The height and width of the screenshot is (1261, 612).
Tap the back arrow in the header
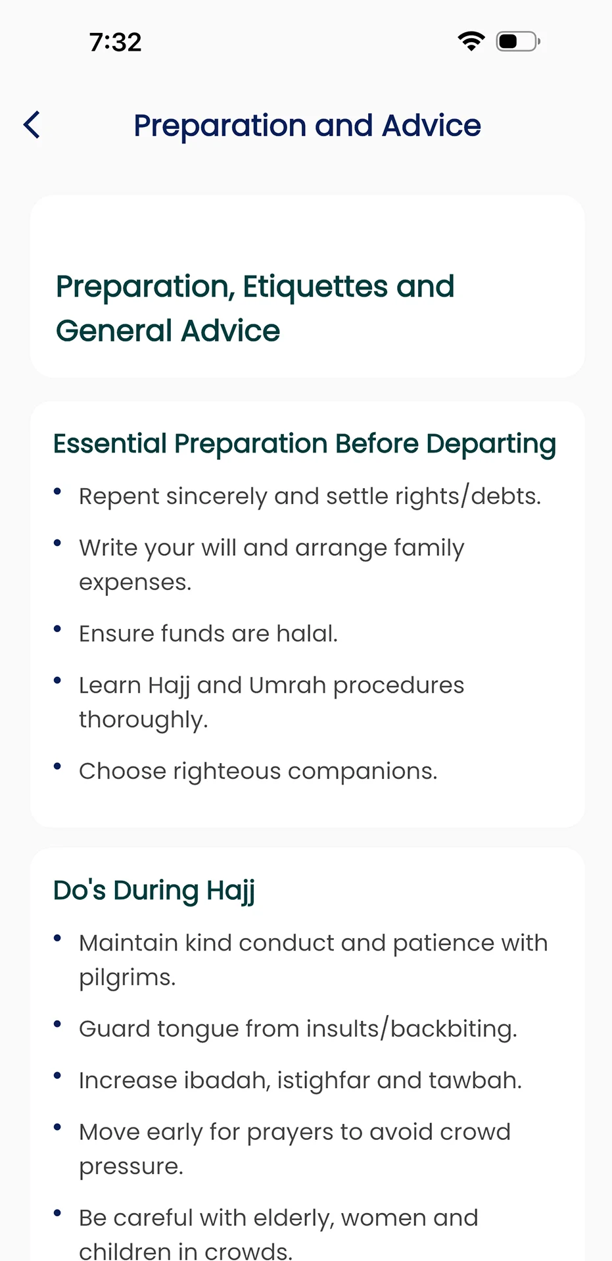coord(32,125)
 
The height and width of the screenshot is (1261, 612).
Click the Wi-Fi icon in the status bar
coord(471,41)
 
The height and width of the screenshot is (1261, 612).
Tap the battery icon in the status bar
coord(518,41)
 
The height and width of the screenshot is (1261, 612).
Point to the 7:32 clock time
coord(116,42)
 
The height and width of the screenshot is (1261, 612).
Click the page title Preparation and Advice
coord(307,126)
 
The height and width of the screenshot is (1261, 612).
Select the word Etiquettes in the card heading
coord(316,287)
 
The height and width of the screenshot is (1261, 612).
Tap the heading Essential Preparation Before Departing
coord(304,445)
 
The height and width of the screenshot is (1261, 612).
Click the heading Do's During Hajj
coord(154,891)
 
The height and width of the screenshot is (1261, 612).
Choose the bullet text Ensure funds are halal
coord(208,633)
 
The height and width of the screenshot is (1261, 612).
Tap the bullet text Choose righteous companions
coord(258,771)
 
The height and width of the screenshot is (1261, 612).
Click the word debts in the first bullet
coord(506,496)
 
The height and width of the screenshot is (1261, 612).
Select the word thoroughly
coord(143,720)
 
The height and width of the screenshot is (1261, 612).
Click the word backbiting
coord(454,1029)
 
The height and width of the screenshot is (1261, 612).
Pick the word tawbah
coord(475,1080)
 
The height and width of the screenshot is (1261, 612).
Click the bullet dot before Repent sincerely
coord(58,491)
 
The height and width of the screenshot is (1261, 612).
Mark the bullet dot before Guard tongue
coord(58,1024)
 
